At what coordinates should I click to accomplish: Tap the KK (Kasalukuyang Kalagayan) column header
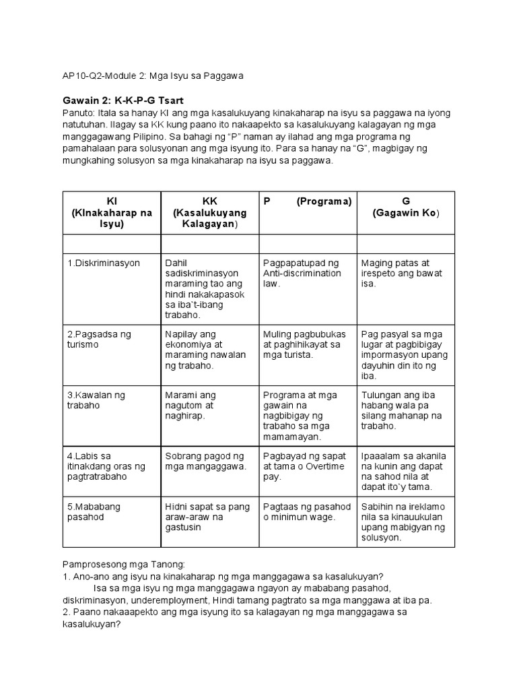coord(209,212)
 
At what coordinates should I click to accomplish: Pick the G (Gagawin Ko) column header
coord(406,207)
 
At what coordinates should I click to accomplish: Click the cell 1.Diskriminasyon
coord(104,263)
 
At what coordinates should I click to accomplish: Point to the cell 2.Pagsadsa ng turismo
coord(99,339)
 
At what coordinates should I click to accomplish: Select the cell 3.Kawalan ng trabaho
coord(96,400)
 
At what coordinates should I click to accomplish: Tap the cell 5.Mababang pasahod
coord(95,511)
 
